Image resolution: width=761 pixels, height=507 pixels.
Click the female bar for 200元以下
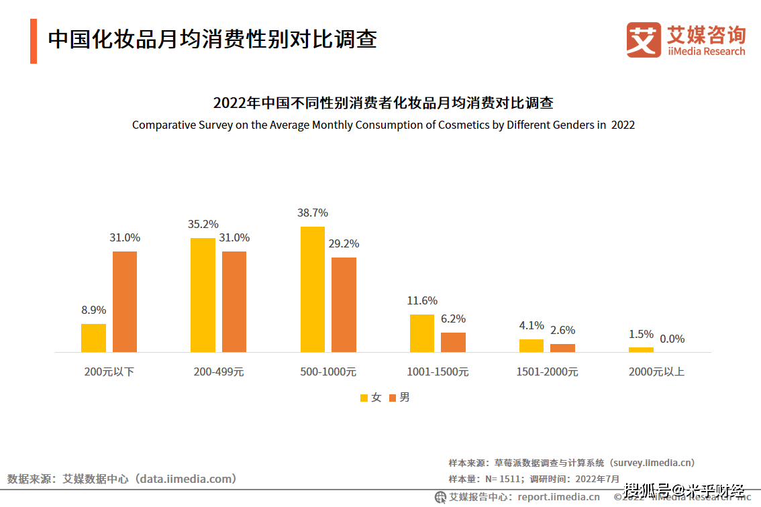[x=93, y=338]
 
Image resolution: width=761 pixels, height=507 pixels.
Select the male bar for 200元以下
[x=125, y=302]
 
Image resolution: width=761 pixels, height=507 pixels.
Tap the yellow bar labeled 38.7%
[x=313, y=289]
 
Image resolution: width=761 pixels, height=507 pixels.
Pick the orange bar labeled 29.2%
[x=344, y=304]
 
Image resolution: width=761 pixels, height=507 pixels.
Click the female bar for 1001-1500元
[x=422, y=333]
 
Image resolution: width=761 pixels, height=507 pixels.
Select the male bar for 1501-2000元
[x=562, y=348]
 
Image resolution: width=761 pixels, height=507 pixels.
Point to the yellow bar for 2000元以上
[x=641, y=349]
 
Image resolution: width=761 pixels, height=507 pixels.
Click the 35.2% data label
[x=203, y=224]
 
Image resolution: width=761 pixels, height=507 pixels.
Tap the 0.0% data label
[x=672, y=339]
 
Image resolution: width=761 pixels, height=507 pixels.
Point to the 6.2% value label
[x=453, y=319]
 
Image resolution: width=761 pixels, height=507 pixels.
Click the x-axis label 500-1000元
[x=328, y=372]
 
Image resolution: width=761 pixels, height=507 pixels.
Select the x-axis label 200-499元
[x=218, y=372]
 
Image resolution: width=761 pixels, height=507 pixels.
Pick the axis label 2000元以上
[x=656, y=372]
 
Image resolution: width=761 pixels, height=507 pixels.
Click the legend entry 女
[x=370, y=397]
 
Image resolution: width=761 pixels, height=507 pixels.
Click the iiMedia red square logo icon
[x=643, y=40]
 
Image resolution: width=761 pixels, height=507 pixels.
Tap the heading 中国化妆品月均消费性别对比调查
[x=212, y=39]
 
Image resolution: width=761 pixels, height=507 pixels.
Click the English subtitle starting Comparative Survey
[x=383, y=125]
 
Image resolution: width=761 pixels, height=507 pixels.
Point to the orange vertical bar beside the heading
[x=34, y=42]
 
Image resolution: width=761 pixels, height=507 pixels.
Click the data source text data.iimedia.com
[x=121, y=479]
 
